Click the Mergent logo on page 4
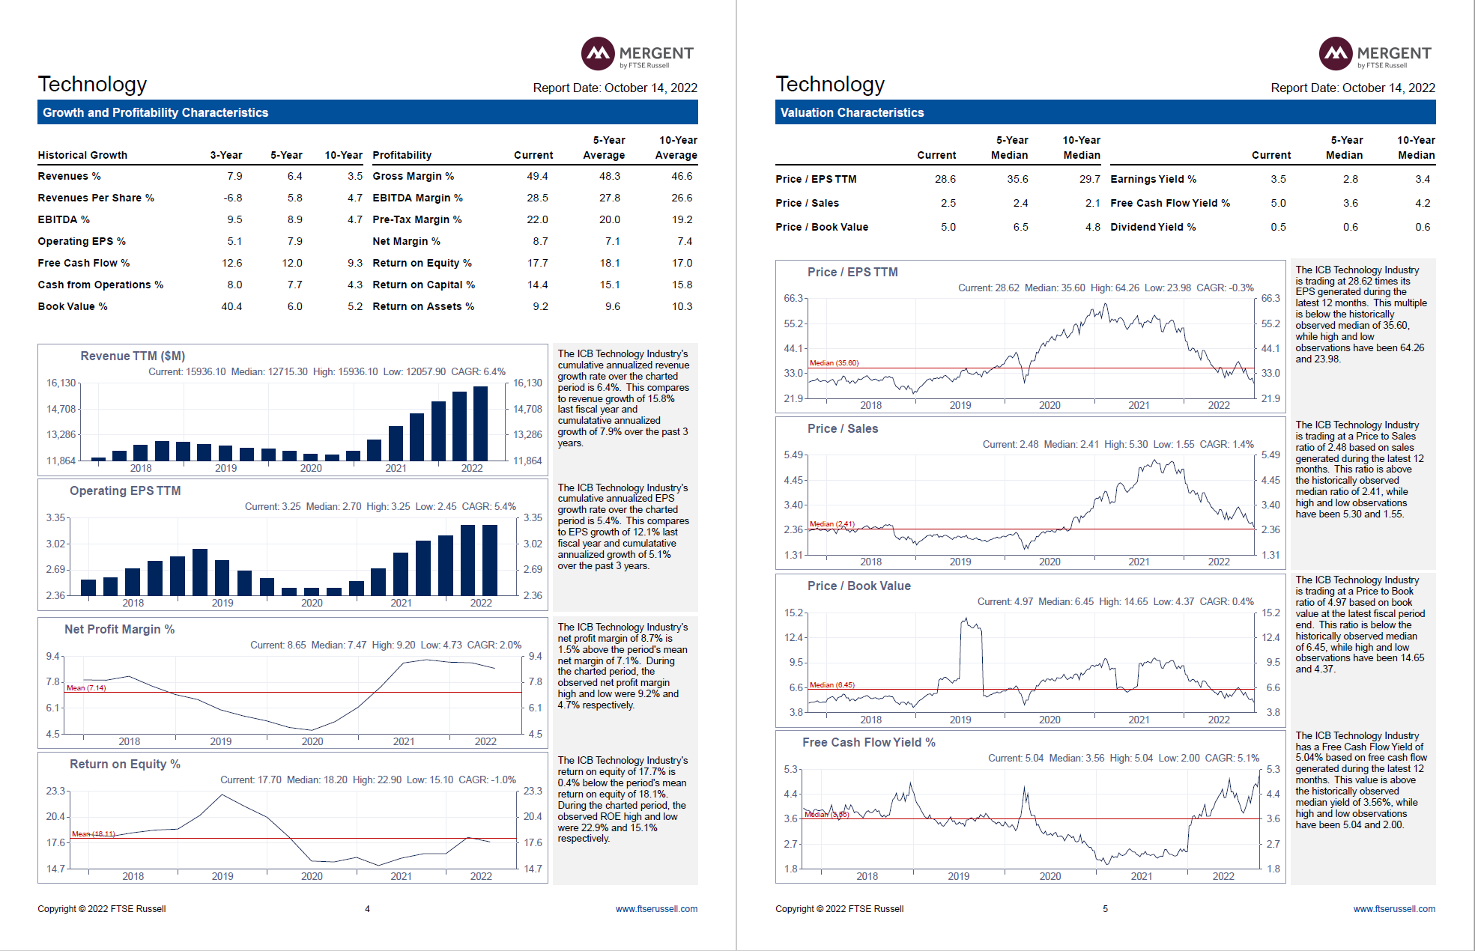tap(637, 54)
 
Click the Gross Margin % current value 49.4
tap(537, 176)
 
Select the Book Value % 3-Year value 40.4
tap(231, 306)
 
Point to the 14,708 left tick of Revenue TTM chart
tap(61, 409)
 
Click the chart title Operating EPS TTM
tap(125, 490)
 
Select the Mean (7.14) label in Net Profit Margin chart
tap(86, 687)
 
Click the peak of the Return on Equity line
tap(222, 794)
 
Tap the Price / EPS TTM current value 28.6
tap(945, 179)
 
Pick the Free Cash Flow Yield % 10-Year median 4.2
tap(1422, 203)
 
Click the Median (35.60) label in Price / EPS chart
tap(834, 362)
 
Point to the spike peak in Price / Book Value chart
tap(966, 619)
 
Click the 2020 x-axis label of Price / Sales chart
tap(1049, 562)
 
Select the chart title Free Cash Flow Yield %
tap(868, 742)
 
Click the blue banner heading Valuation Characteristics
tap(852, 112)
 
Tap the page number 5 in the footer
tap(1105, 908)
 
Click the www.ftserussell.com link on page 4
tap(656, 908)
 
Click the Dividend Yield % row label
tap(1152, 227)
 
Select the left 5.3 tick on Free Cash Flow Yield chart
tap(790, 769)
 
